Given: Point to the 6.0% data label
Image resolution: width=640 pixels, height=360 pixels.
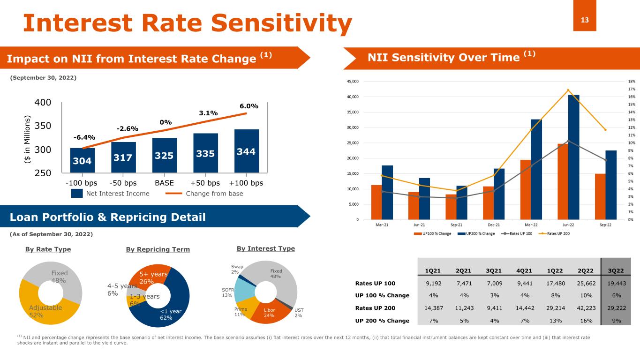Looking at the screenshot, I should click(x=249, y=106).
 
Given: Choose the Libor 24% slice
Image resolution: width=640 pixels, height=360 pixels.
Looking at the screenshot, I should click(x=269, y=313).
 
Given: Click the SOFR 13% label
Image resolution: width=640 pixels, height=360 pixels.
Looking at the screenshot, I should click(x=227, y=292).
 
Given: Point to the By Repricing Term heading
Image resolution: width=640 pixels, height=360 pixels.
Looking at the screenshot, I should click(x=158, y=249).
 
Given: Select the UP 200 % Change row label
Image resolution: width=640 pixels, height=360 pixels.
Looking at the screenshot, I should click(x=382, y=321).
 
